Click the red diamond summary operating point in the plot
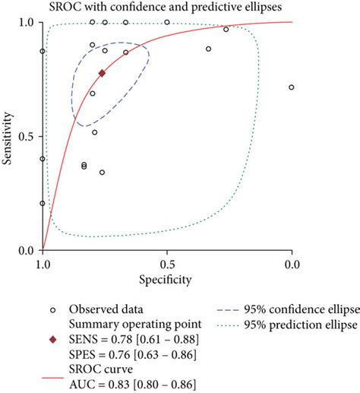[102, 74]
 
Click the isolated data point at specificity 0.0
[292, 87]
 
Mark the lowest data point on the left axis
[43, 204]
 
